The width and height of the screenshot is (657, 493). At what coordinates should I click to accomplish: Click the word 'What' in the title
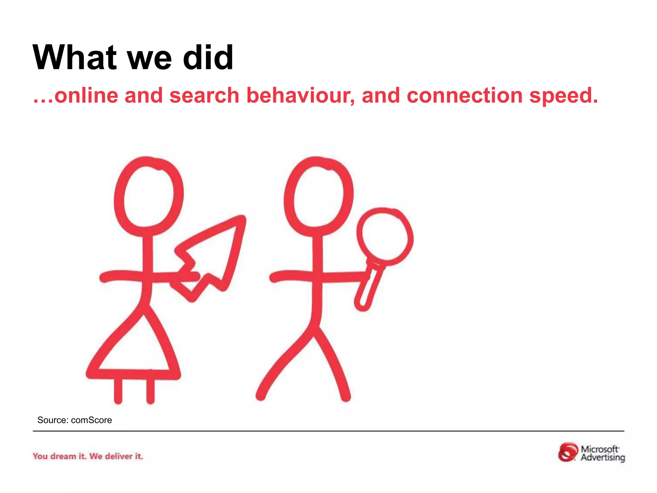point(74,58)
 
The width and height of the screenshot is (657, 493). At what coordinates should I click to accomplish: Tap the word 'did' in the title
point(208,58)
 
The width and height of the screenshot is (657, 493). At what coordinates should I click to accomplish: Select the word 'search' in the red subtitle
point(204,96)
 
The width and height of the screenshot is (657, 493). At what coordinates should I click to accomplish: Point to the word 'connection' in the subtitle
point(465,96)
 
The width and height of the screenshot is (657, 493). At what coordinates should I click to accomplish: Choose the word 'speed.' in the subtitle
point(564,96)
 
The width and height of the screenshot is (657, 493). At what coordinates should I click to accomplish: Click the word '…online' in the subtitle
point(76,96)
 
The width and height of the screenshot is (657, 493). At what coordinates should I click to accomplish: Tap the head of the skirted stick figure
point(149,196)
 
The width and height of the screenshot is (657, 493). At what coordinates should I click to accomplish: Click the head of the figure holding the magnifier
point(318,196)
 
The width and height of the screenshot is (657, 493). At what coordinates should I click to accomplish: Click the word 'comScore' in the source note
point(91,420)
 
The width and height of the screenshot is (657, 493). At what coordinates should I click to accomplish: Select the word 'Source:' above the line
point(53,420)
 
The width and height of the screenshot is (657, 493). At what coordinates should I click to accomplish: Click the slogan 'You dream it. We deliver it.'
point(88,456)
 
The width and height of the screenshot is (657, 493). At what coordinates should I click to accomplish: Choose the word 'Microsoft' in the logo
point(599,449)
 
